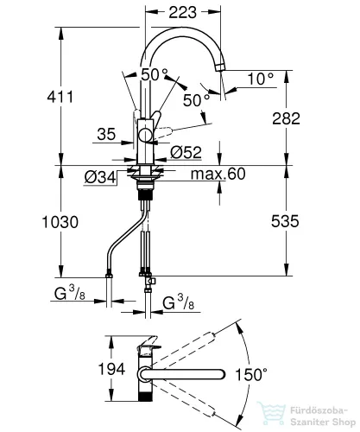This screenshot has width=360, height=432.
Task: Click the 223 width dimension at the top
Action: click(x=183, y=12)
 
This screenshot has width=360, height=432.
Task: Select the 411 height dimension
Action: click(x=60, y=97)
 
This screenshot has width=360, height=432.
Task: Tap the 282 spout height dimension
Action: click(x=286, y=118)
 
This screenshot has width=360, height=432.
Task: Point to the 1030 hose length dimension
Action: click(x=60, y=222)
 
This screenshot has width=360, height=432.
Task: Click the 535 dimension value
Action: click(x=285, y=221)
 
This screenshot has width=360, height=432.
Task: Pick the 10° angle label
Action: click(x=261, y=79)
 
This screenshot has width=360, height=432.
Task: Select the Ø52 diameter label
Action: click(x=186, y=152)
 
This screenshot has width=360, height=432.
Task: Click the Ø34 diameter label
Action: click(x=100, y=177)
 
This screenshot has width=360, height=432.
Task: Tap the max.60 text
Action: click(x=218, y=174)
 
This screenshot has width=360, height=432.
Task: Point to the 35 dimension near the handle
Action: click(x=106, y=134)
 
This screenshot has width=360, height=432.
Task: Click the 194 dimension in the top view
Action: click(x=111, y=369)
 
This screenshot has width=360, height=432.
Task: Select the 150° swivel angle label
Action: click(x=251, y=374)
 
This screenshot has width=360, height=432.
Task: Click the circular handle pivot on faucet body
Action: click(x=146, y=135)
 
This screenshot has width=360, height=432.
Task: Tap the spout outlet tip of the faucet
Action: click(x=220, y=67)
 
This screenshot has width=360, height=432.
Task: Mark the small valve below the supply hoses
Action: click(x=150, y=281)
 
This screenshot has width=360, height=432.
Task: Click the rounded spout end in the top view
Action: click(x=222, y=374)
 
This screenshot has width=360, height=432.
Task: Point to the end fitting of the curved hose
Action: click(x=109, y=276)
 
